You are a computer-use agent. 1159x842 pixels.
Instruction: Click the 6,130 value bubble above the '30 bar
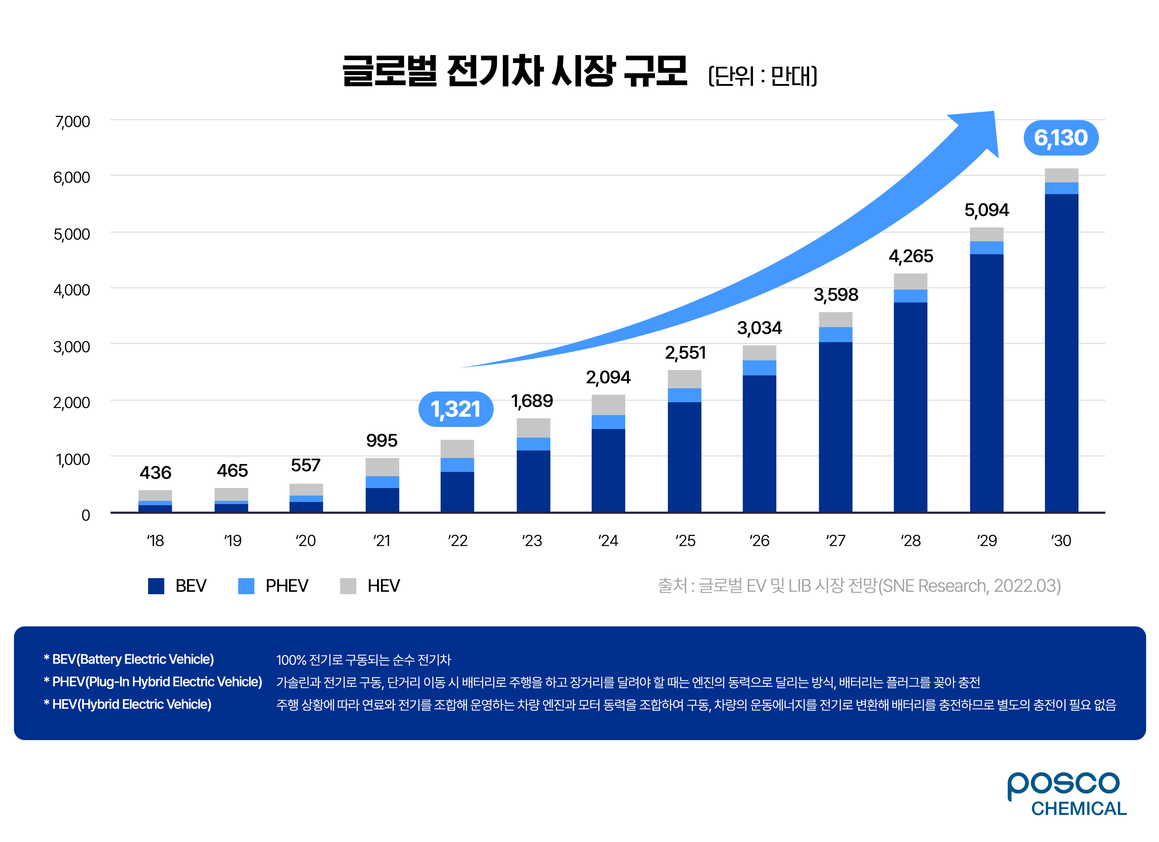click(1061, 138)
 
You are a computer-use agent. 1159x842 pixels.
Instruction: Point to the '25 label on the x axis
click(685, 541)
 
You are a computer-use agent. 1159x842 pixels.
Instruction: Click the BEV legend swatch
click(156, 586)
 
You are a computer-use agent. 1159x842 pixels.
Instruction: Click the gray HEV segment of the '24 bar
click(608, 405)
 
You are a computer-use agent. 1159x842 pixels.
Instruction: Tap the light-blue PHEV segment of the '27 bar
click(836, 335)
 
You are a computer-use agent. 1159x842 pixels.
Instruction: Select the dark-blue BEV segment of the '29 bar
click(986, 383)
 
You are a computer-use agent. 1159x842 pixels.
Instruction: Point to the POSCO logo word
click(1063, 784)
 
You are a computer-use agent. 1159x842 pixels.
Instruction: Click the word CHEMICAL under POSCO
click(1078, 809)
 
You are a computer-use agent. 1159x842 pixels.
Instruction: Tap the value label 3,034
click(759, 328)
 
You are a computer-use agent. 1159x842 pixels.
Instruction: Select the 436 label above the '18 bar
click(155, 473)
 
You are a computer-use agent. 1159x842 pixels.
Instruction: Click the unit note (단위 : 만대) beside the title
click(762, 75)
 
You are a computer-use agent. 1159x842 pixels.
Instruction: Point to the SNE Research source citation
click(859, 586)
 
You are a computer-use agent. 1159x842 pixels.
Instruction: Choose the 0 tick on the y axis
click(85, 515)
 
